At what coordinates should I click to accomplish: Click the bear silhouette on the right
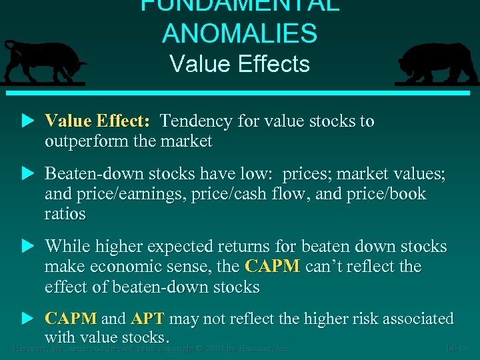(x=437, y=63)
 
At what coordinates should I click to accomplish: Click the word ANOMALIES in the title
(x=239, y=33)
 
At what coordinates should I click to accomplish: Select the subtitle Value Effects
(x=239, y=64)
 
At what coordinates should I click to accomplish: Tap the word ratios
(x=65, y=214)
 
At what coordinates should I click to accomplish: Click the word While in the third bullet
(x=66, y=247)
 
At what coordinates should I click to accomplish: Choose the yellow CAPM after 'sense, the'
(x=273, y=267)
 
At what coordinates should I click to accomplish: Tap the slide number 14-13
(x=458, y=347)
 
